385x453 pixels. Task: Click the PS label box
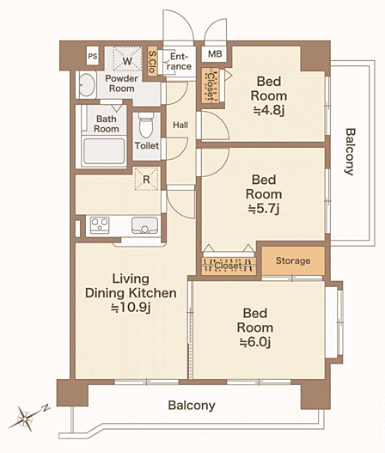[x=93, y=56]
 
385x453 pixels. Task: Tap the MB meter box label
[x=215, y=54]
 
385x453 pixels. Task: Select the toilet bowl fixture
[x=146, y=125]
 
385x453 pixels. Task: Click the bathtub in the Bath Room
[x=104, y=151]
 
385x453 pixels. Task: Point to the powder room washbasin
[x=86, y=85]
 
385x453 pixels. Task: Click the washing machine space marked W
[x=127, y=59]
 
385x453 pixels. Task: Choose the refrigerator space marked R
[x=147, y=179]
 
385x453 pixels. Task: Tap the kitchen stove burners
[x=100, y=224]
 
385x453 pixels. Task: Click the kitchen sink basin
[x=144, y=224]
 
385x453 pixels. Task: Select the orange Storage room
[x=293, y=260]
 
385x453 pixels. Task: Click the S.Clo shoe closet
[x=152, y=62]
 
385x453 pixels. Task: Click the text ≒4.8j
[x=269, y=110]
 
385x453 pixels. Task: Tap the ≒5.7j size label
[x=264, y=209]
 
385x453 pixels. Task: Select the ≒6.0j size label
[x=255, y=342]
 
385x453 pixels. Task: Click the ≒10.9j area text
[x=131, y=308]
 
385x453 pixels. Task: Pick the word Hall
[x=180, y=125]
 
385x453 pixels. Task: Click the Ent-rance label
[x=180, y=61]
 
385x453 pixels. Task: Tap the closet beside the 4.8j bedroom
[x=211, y=85]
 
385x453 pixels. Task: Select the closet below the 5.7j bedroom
[x=229, y=266]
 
